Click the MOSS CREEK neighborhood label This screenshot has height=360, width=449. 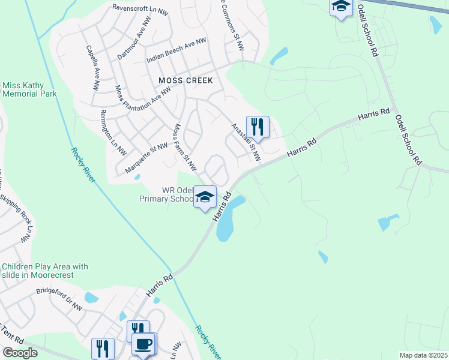pos(185,80)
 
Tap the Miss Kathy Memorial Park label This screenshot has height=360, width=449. pos(29,89)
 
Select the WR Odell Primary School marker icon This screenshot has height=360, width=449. pos(205,197)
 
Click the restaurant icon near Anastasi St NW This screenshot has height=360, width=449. pos(258,127)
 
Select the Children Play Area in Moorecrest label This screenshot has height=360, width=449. pos(45,271)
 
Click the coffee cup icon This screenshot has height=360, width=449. pos(143,344)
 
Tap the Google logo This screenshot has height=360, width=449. pos(20,353)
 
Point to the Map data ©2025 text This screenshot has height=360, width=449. pos(423,355)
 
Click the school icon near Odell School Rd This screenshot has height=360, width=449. pos(341,7)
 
